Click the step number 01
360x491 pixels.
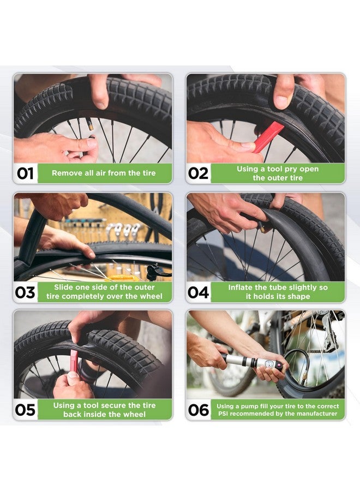(25, 173)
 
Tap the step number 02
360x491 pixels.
(198, 173)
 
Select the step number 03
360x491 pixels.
(25, 292)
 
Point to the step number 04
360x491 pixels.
(198, 292)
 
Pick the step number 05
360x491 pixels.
(25, 410)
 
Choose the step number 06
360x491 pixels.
(198, 410)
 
